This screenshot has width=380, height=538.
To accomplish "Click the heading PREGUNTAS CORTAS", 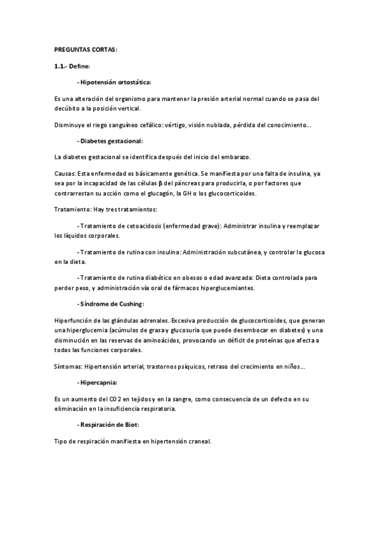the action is click(x=86, y=49).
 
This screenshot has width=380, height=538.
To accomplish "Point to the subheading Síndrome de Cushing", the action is click(x=112, y=304).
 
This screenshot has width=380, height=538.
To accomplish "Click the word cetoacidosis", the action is click(x=141, y=226).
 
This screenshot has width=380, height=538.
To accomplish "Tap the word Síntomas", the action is click(x=68, y=366).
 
